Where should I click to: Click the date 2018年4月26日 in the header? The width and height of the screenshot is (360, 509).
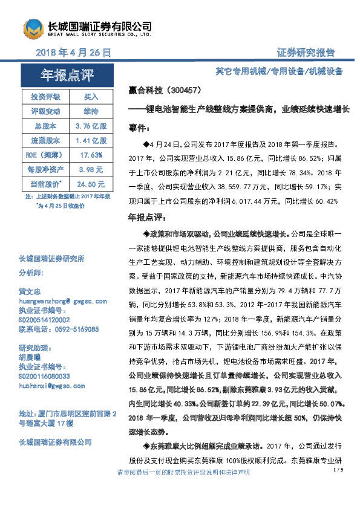tap(74, 53)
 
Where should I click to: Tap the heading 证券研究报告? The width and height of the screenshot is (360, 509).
tap(306, 53)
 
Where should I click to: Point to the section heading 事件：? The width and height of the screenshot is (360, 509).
tap(139, 128)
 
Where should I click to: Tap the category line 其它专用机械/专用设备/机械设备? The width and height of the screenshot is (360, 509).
tap(279, 72)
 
